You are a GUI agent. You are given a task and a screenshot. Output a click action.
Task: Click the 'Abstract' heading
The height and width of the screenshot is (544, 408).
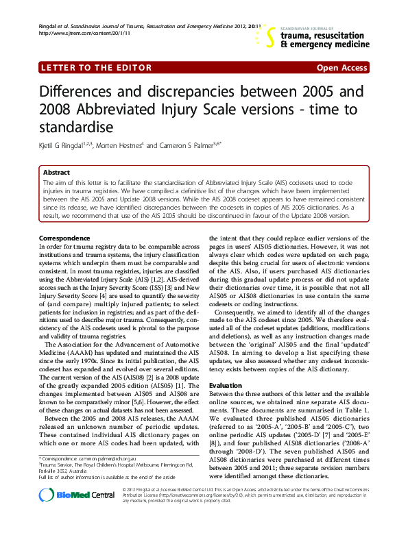coord(56,173)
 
